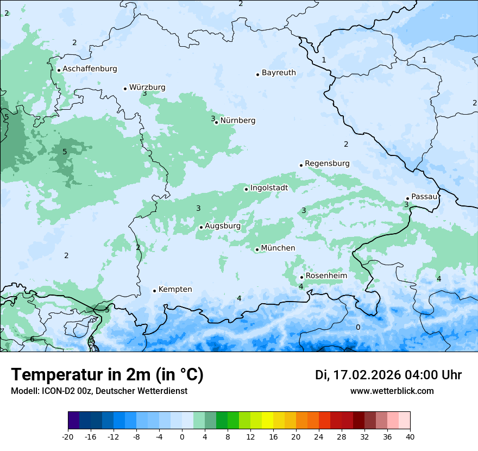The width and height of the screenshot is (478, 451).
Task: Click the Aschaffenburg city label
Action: coord(90,69)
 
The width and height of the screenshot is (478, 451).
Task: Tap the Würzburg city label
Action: coord(147,87)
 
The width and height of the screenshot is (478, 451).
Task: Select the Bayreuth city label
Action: coord(279,73)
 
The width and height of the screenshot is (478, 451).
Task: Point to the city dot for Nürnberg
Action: coord(216,122)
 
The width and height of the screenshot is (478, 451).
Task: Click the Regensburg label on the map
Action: coord(327,164)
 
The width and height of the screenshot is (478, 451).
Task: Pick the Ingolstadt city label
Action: coord(269,188)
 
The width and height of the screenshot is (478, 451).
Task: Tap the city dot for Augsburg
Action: coord(201,227)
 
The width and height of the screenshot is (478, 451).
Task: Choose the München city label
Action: coord(278,248)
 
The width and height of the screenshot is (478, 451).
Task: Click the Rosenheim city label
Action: coord(326,276)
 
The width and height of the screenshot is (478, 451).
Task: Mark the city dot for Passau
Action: coord(407,198)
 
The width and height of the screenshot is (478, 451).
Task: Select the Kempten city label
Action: coord(175,290)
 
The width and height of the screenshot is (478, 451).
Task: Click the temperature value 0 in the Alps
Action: coord(357,327)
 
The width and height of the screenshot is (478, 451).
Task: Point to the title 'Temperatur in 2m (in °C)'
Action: coord(107,375)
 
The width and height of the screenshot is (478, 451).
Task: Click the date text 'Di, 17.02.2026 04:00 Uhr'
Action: coord(388,375)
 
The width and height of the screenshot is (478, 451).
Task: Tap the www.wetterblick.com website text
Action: coord(392,391)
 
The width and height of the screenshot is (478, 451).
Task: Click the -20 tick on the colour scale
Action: coord(68,436)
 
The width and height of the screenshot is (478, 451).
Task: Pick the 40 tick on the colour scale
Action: coord(410,436)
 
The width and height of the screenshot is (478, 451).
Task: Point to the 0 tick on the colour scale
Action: coord(182,436)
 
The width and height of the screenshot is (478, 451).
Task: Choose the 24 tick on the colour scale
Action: coord(318,436)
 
